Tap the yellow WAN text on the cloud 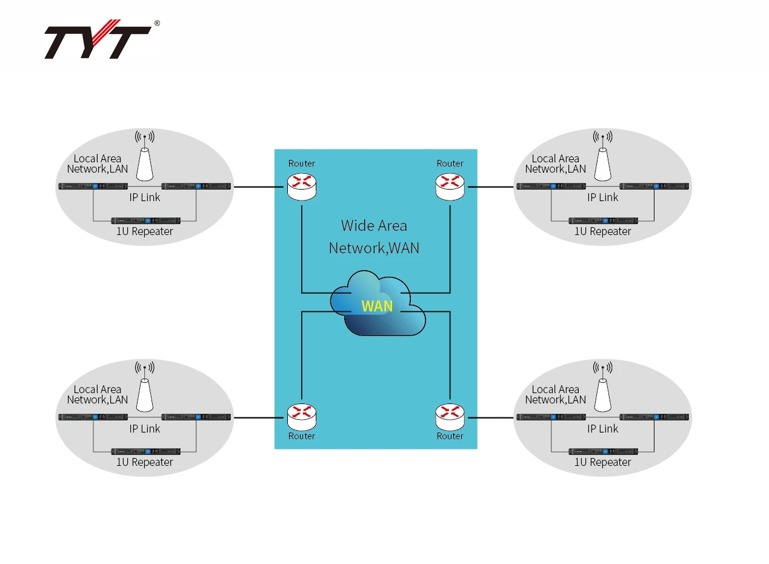click(377, 306)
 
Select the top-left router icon click(302, 185)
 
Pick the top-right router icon click(450, 185)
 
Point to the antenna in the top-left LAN click(144, 158)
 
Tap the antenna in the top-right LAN click(602, 158)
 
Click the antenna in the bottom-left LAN click(144, 389)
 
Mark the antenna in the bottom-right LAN click(602, 389)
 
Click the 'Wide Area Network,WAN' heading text click(374, 237)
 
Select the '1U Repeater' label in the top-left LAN click(145, 231)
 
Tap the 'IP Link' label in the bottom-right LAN click(603, 429)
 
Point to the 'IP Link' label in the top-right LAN click(603, 197)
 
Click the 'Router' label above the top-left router click(302, 164)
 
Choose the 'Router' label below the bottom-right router click(450, 436)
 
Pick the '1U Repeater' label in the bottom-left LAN click(145, 462)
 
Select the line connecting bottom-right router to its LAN click(491, 417)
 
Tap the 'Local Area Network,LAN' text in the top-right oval click(556, 164)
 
